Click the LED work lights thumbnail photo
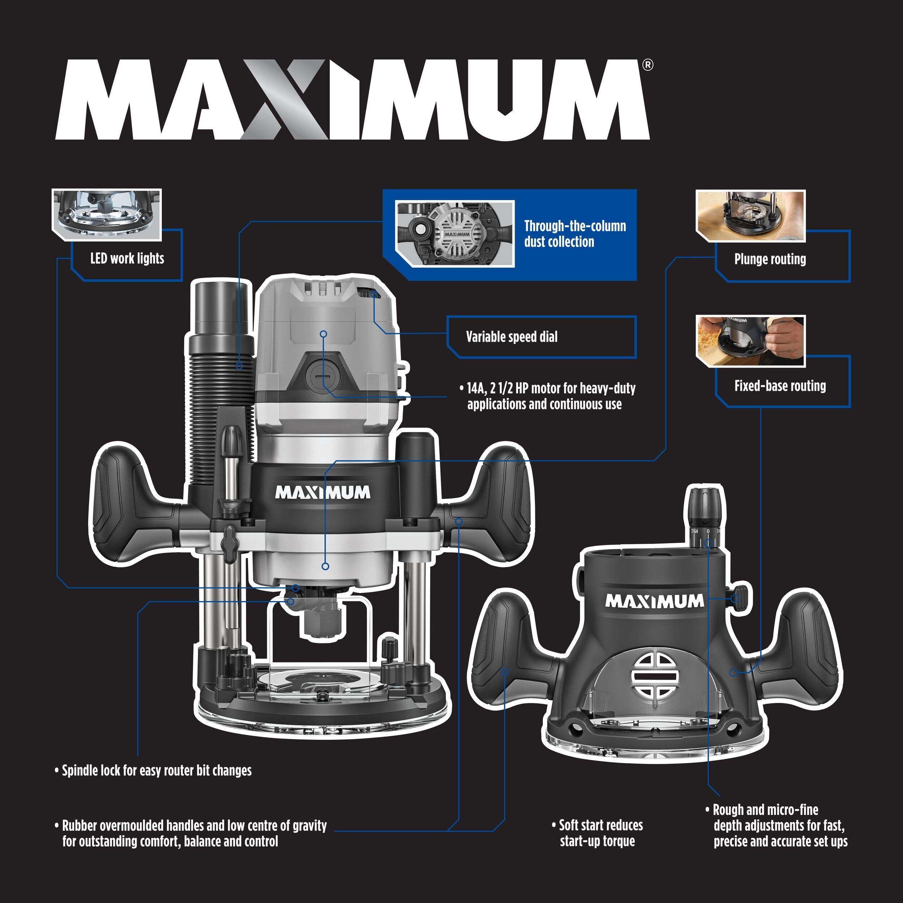[107, 215]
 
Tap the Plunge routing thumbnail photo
[750, 216]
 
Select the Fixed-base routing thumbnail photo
[750, 341]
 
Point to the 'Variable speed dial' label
[511, 337]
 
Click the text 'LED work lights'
[127, 259]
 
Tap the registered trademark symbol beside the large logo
[647, 65]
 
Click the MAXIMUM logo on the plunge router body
[323, 493]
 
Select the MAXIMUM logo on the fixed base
[654, 601]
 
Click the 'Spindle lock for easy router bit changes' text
[156, 771]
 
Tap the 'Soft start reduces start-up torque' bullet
[601, 833]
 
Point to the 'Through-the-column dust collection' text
[575, 234]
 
